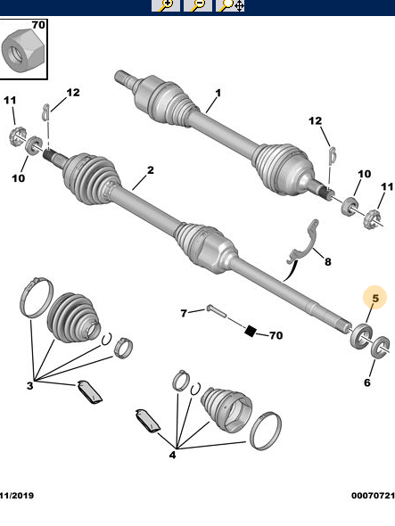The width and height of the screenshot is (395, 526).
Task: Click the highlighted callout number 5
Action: click(375, 298)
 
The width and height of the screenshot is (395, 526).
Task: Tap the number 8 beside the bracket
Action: click(327, 262)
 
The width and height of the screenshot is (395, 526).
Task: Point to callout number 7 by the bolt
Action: click(184, 313)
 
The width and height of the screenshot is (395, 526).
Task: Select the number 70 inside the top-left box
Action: click(37, 25)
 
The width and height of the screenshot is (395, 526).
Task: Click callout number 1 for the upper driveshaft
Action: click(217, 93)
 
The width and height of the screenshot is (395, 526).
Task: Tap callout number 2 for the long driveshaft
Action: click(151, 170)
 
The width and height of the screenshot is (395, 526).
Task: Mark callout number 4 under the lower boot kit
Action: click(173, 455)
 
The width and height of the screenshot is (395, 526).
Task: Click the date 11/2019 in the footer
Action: click(18, 495)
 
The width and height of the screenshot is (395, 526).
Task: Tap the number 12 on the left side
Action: click(72, 93)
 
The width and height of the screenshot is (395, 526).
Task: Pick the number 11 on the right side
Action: click(387, 186)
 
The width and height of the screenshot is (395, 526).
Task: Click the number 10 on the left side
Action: click(19, 178)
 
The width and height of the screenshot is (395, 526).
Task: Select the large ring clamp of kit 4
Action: click(266, 431)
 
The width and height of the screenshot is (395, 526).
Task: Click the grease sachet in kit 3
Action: click(89, 390)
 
